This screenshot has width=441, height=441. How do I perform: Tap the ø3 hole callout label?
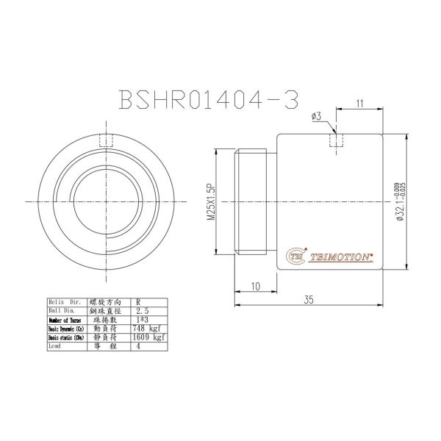coord(316,117)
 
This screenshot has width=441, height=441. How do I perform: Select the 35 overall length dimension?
coord(309,301)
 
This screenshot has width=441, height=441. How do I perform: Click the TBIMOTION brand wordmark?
coord(343,257)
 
